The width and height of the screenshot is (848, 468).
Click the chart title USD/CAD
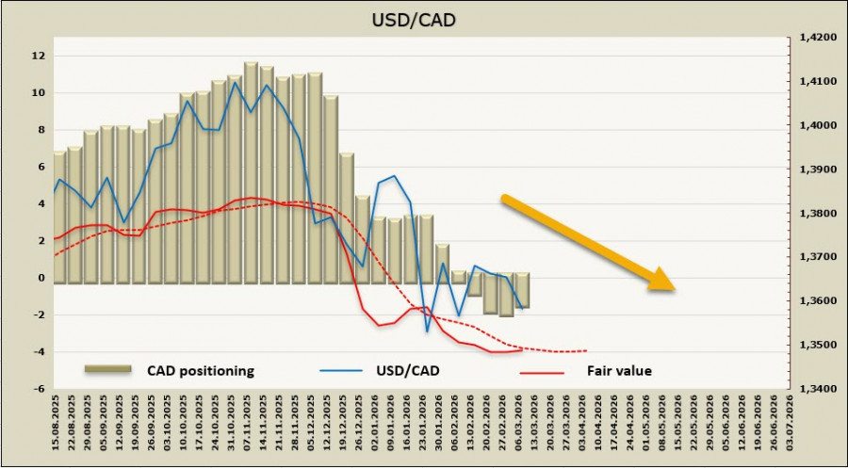424,20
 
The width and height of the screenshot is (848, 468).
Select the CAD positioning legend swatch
109,370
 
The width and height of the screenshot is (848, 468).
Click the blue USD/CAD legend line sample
343,370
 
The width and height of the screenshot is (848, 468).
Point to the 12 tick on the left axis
39,56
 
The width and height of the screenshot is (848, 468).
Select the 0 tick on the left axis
41,278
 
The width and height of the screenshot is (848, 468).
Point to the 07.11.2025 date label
251,424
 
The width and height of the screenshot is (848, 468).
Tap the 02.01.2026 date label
378,424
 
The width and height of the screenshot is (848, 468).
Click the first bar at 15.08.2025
59,217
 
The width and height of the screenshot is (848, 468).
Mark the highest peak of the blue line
235,82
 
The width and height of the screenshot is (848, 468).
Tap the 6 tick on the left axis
41,167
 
